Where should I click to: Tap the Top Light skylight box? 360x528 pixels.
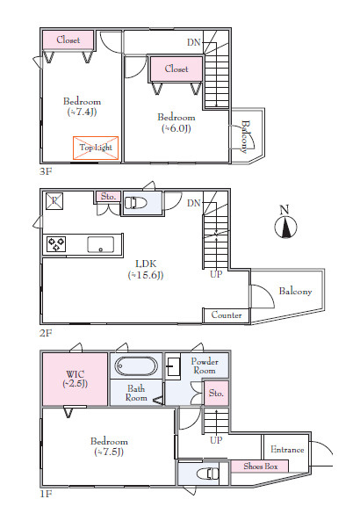pyautogui.click(x=96, y=148)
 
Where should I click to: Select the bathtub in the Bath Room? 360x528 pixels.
pyautogui.click(x=136, y=366)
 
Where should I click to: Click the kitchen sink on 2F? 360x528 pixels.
pyautogui.click(x=101, y=244)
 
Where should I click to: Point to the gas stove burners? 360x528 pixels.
pyautogui.click(x=56, y=244)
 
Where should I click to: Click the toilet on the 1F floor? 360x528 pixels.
pyautogui.click(x=207, y=474)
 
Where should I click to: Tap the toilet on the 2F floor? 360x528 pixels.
pyautogui.click(x=136, y=203)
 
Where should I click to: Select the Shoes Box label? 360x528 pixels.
pyautogui.click(x=261, y=467)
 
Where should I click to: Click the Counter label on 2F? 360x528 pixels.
pyautogui.click(x=227, y=315)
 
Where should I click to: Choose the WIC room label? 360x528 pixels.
pyautogui.click(x=75, y=374)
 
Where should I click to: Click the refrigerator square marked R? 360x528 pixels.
pyautogui.click(x=54, y=201)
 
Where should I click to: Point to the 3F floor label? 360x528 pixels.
pyautogui.click(x=46, y=171)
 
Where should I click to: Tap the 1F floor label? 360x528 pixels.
pyautogui.click(x=46, y=494)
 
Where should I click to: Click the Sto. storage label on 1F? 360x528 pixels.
pyautogui.click(x=216, y=393)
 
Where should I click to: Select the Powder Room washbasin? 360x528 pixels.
pyautogui.click(x=173, y=365)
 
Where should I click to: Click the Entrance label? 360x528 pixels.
pyautogui.click(x=287, y=450)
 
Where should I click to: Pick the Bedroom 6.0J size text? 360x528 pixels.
pyautogui.click(x=176, y=128)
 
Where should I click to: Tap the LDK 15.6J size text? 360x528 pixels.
pyautogui.click(x=146, y=275)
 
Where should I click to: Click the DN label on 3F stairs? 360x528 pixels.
pyautogui.click(x=194, y=42)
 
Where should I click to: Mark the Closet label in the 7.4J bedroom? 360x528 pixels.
pyautogui.click(x=68, y=40)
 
